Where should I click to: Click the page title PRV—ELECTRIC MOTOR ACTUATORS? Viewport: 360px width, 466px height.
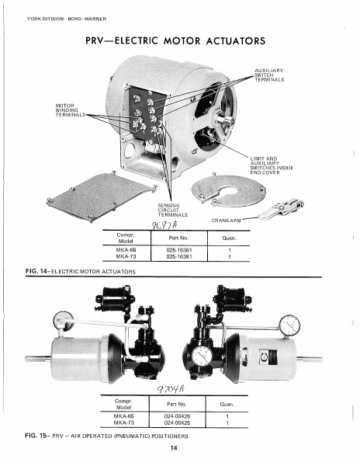(x=181, y=40)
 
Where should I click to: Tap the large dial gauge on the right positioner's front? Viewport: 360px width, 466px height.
(x=201, y=356)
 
